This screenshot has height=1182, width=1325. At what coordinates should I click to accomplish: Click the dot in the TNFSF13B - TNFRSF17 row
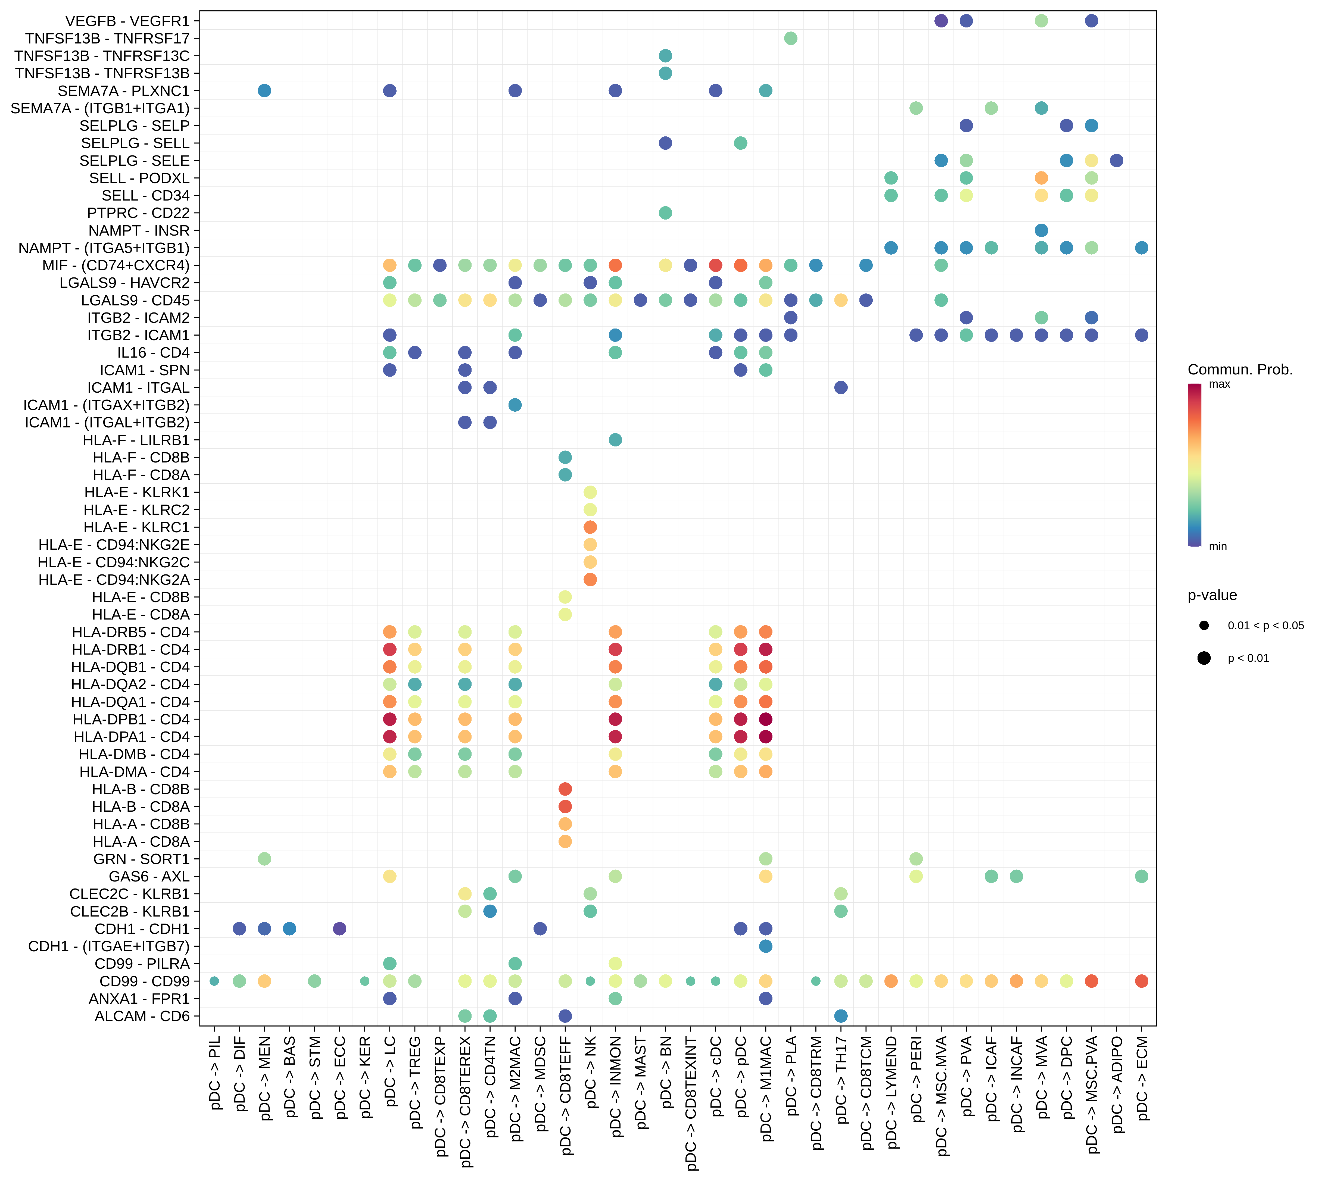click(x=790, y=38)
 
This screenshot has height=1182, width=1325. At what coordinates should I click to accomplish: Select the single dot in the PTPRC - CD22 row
click(x=665, y=213)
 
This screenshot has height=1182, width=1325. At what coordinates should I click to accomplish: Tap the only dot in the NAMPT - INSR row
click(x=1041, y=230)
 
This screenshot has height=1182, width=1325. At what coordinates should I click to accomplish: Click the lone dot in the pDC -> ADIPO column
click(x=1117, y=160)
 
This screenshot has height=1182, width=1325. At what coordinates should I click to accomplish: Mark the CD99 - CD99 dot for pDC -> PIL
click(x=214, y=981)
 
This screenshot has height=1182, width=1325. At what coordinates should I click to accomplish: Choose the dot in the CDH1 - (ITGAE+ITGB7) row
click(x=766, y=946)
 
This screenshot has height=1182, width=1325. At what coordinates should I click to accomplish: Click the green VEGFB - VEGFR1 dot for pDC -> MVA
click(x=1041, y=21)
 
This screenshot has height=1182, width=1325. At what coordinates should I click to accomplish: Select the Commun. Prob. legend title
click(x=1240, y=370)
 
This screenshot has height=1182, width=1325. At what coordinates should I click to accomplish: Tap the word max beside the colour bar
click(x=1219, y=384)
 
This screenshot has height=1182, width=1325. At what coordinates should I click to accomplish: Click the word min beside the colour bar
click(x=1218, y=547)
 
